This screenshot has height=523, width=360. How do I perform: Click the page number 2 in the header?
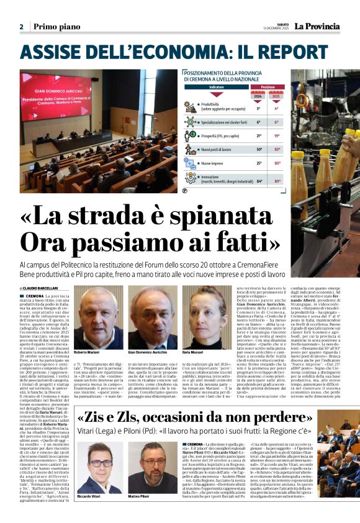point(21,27)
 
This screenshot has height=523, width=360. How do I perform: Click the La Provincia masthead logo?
point(317,26)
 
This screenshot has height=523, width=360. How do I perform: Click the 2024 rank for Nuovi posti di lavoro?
point(259,149)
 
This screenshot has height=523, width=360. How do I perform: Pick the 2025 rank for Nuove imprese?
point(277,163)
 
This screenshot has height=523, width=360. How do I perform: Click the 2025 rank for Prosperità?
point(277,135)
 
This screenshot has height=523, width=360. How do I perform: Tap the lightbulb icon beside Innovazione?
point(191,179)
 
